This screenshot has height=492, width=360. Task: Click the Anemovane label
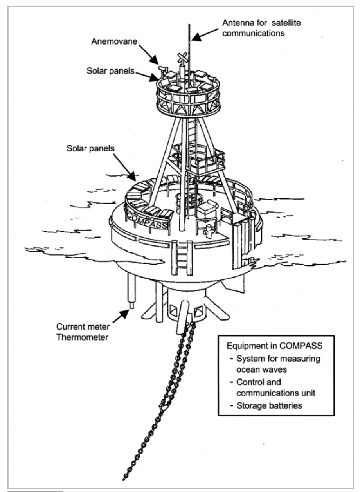click(x=114, y=41)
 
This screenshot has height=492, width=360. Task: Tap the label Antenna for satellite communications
click(x=261, y=28)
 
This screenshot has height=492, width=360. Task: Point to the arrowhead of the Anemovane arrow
click(x=155, y=60)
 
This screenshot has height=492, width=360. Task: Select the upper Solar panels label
click(x=110, y=71)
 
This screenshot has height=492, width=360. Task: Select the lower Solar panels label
click(x=90, y=148)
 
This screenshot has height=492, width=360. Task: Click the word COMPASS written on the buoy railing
click(x=148, y=221)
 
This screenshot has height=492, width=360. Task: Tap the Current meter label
click(x=83, y=326)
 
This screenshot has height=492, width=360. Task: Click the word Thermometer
click(x=82, y=337)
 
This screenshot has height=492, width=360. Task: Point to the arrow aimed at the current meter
click(x=121, y=316)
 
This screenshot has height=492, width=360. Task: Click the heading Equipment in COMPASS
click(x=275, y=346)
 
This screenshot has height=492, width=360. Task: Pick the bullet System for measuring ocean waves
click(x=275, y=364)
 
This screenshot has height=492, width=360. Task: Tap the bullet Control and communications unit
click(x=273, y=387)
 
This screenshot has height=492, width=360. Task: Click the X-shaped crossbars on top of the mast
click(x=183, y=58)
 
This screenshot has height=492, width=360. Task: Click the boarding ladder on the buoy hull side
click(x=182, y=258)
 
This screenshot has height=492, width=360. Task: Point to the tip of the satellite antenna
click(x=189, y=24)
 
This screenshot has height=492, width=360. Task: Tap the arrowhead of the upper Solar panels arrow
click(x=154, y=77)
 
